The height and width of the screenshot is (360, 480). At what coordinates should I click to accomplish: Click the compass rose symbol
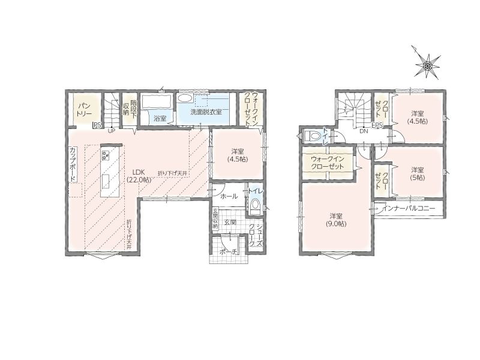point(427,65)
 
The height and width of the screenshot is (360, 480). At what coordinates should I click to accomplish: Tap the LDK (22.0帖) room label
point(139,176)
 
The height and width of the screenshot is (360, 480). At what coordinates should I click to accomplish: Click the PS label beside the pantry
point(97,125)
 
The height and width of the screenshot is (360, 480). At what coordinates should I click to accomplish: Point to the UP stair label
point(112,130)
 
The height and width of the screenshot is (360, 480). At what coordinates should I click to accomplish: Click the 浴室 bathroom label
point(160,118)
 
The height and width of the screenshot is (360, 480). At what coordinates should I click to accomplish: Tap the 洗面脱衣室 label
point(206,112)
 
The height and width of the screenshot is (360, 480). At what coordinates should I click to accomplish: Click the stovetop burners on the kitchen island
point(106,155)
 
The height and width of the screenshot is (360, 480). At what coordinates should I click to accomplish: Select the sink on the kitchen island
point(106,181)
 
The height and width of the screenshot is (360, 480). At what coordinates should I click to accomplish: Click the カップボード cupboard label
point(73,164)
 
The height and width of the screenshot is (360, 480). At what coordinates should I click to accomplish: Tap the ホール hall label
point(229,197)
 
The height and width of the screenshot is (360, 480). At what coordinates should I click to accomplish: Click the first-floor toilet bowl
point(254,206)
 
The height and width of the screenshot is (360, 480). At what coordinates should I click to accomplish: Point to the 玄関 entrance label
point(230,223)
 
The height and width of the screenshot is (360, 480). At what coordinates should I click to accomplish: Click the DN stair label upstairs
point(364,131)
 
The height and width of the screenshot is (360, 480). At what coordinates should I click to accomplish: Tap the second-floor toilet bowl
point(311,135)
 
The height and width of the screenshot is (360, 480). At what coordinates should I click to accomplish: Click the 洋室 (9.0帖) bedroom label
point(336,220)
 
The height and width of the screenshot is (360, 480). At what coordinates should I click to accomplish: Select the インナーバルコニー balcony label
point(409,209)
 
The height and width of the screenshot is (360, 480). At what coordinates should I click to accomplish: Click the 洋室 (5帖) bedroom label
point(417,173)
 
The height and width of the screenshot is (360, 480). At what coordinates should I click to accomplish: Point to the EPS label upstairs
point(377,125)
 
